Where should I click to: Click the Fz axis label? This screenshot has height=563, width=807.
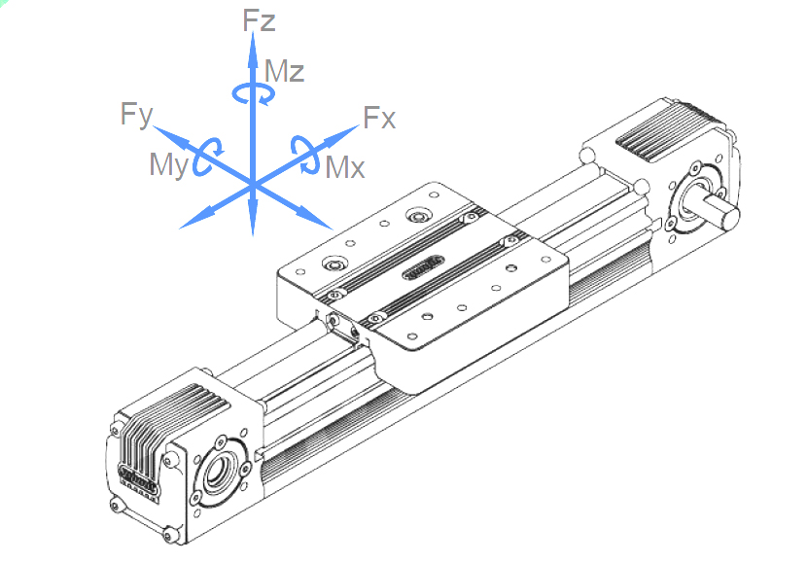point(259,20)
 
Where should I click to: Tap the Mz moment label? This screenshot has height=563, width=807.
point(284,71)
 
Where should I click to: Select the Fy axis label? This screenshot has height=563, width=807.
point(136,115)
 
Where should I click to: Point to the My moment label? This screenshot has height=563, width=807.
point(169,165)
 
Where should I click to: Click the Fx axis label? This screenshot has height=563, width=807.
point(379,118)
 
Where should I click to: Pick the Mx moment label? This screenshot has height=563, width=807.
point(345,167)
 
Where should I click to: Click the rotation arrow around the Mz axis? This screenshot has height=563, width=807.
point(253,94)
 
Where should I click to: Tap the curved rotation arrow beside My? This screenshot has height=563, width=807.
point(207,156)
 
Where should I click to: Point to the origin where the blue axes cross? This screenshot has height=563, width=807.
point(253,185)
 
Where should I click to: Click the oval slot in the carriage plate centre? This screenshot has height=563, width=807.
point(423,267)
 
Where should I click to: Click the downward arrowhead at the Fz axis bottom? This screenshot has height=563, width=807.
point(253,219)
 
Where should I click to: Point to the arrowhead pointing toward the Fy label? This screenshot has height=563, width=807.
point(170,136)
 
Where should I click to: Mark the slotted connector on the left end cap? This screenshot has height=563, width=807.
point(138,479)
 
